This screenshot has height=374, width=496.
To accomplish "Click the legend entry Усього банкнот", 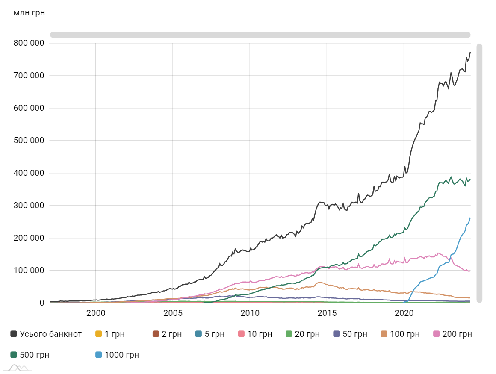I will tap(46, 334).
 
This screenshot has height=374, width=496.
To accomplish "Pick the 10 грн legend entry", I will tap(255, 334).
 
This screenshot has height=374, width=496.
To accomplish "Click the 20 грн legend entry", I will tap(302, 334).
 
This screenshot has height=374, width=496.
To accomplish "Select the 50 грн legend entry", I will tap(350, 334).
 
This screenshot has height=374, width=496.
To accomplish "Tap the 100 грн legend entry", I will tap(399, 334).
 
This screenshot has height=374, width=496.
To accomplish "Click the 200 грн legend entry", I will tap(452, 334).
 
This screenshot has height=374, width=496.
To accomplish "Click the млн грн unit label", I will tap(29, 13).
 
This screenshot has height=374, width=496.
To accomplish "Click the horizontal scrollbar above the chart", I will tap(260, 35).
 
